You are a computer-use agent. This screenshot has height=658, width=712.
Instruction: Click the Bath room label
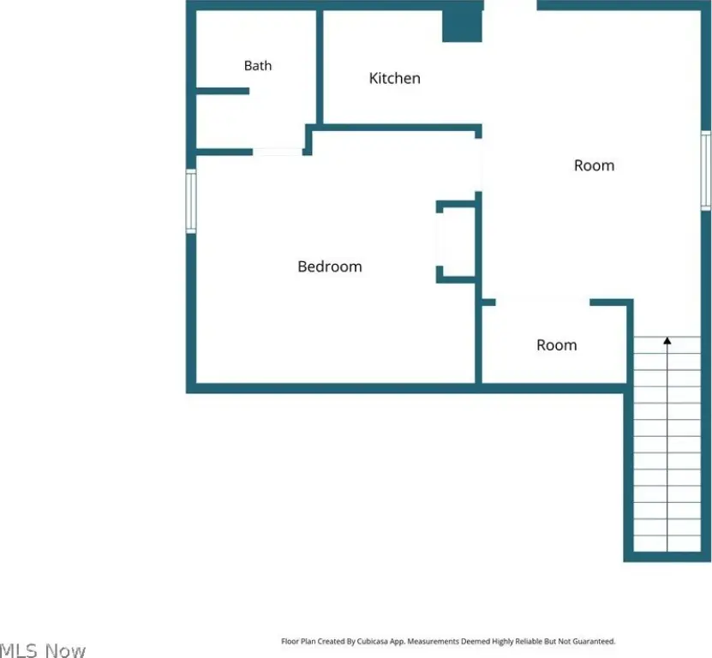coord(257,66)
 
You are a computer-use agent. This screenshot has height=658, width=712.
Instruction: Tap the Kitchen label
coord(395,78)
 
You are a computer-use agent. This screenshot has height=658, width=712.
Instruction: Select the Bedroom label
coord(330,266)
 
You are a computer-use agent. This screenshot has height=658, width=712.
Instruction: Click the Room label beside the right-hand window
coord(594,165)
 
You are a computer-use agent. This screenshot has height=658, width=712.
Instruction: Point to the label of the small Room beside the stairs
coord(556,345)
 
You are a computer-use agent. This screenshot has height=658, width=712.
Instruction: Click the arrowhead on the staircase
coord(667,340)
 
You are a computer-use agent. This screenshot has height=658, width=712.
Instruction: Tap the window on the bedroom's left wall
coord(191,201)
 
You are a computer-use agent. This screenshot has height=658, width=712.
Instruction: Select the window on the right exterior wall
coord(706,170)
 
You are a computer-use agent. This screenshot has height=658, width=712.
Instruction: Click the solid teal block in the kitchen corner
coord(462,26)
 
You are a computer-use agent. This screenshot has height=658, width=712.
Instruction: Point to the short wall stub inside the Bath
coord(223,92)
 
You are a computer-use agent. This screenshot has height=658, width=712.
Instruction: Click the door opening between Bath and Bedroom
coord(278,153)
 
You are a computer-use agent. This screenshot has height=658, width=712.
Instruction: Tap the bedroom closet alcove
coord(456,242)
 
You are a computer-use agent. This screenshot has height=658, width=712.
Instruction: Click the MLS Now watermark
coord(43,650)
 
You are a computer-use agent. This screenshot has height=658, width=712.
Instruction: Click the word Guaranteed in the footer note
coord(594,641)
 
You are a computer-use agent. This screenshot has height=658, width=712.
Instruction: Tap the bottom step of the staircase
coord(667,543)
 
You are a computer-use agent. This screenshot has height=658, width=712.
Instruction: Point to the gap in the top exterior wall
coord(511,5)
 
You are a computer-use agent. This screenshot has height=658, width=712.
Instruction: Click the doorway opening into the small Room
coord(542,302)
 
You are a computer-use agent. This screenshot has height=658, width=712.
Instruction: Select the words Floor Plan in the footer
coord(298,641)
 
